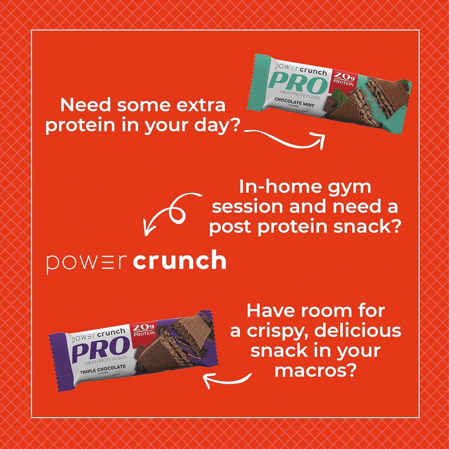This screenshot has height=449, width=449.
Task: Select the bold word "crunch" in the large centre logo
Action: [179, 261]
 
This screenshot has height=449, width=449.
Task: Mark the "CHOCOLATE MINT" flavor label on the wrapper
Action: [294, 102]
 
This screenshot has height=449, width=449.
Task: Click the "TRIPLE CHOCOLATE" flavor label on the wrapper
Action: [103, 369]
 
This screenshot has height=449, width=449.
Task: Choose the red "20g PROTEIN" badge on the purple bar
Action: [144, 330]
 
